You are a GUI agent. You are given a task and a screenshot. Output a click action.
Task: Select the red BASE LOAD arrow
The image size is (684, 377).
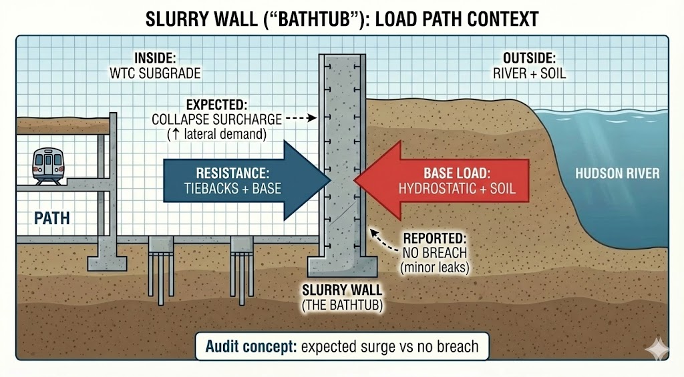click(448, 180)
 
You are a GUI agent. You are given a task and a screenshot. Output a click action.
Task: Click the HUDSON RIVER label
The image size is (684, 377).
click(617, 173)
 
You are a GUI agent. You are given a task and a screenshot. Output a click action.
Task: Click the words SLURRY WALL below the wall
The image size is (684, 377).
click(342, 290)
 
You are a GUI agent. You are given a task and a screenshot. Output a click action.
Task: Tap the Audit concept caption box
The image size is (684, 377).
click(341, 347)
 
